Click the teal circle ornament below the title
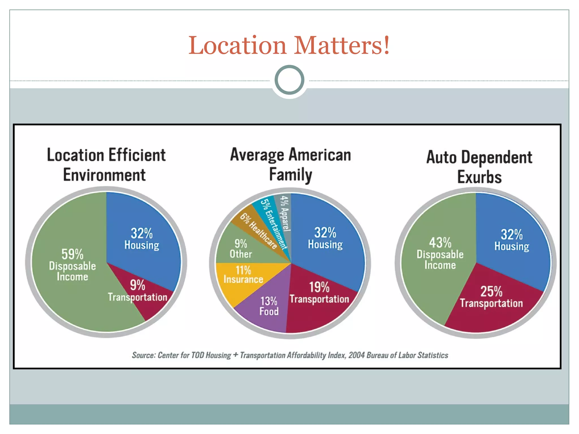pos(289,80)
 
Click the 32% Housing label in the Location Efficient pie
pos(142,239)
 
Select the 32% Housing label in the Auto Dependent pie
pos(512,240)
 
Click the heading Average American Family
pos(290,164)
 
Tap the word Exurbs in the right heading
pos(479,177)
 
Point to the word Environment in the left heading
pos(104,175)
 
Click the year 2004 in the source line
pos(357,355)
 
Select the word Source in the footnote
pos(143,355)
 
